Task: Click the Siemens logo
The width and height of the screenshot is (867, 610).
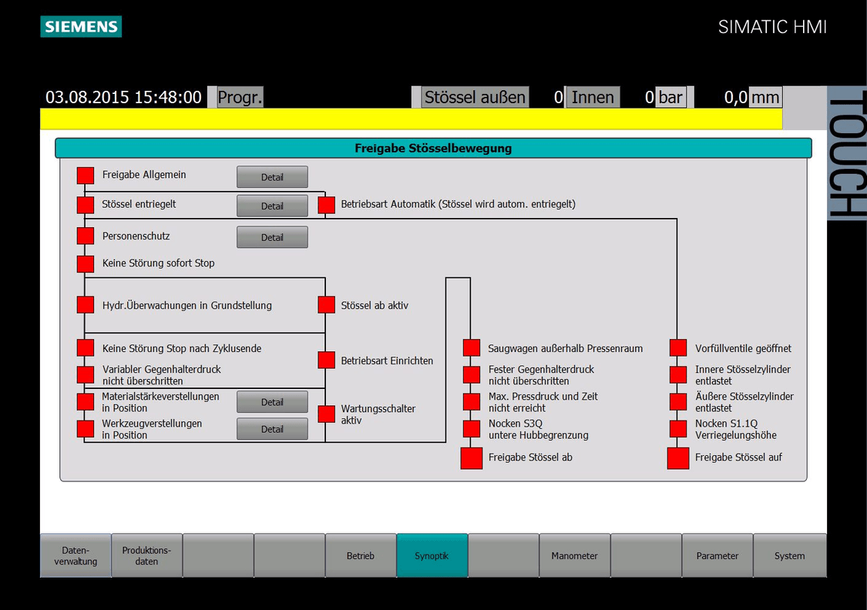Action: (x=81, y=26)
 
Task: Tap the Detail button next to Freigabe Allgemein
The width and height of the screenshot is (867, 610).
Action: (x=272, y=177)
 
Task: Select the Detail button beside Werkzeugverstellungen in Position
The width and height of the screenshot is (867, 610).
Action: (x=272, y=429)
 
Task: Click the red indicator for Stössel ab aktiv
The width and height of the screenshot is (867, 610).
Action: (x=326, y=305)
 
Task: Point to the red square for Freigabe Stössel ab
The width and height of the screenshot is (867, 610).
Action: (x=472, y=458)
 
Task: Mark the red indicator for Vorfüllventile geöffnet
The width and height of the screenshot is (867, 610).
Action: (x=678, y=348)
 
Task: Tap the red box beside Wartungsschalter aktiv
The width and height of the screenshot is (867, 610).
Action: (x=326, y=414)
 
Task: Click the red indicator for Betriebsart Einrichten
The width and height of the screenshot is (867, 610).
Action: (x=326, y=360)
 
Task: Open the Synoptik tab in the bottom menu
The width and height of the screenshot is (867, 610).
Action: (x=432, y=555)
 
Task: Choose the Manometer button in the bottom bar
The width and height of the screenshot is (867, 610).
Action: (x=574, y=555)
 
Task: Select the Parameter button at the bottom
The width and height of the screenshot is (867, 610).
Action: (x=717, y=555)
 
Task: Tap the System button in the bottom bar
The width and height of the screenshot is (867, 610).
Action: (x=790, y=555)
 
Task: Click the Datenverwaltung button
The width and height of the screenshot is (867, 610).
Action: (x=76, y=555)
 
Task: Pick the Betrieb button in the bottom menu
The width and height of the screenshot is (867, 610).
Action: (x=361, y=555)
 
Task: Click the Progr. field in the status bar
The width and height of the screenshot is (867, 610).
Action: (x=240, y=97)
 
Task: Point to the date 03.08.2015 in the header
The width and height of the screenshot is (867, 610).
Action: (x=87, y=97)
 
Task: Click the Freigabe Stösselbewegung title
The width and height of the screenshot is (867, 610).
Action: (x=433, y=148)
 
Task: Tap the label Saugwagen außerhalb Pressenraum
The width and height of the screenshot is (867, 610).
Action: (x=565, y=349)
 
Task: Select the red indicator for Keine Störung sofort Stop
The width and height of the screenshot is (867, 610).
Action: (x=85, y=263)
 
